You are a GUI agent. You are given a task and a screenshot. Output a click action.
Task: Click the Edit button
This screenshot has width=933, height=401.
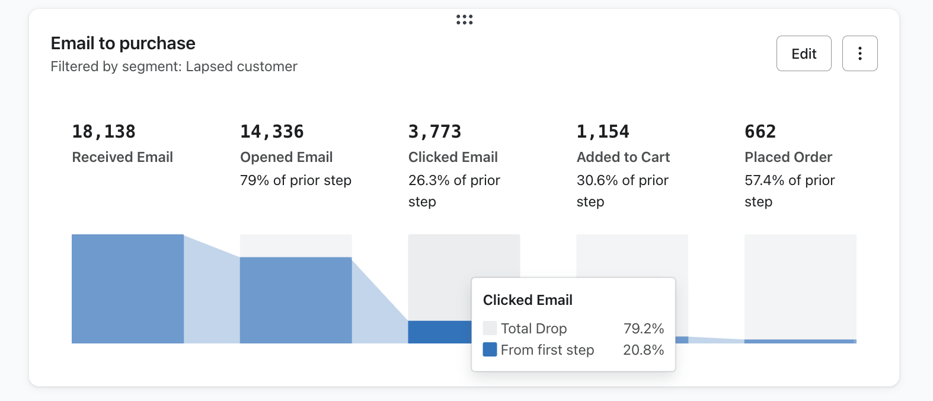[x=804, y=53]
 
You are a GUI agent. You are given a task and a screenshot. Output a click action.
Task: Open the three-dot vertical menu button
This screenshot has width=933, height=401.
[x=859, y=53]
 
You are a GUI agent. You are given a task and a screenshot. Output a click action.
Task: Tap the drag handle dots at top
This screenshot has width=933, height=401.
[x=464, y=20]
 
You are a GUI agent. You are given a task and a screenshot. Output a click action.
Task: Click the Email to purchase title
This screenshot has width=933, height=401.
[x=123, y=43]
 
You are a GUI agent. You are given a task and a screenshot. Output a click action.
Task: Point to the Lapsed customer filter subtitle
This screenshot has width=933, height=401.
[x=174, y=66]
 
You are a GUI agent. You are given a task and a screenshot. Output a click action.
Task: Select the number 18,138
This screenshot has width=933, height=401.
[x=104, y=131]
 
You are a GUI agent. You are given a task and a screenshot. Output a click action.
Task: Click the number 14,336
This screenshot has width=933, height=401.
[x=272, y=131]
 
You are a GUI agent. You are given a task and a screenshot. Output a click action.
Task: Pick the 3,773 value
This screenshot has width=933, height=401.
[x=434, y=131]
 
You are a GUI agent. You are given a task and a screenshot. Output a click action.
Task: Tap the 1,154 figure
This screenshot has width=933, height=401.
[x=603, y=131]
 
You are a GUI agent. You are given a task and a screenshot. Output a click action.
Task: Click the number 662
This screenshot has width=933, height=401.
[x=760, y=131]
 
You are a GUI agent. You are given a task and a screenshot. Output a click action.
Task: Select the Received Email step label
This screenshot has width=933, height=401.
[x=123, y=157]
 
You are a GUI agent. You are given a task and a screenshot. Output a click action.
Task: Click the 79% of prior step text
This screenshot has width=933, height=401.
[x=296, y=180]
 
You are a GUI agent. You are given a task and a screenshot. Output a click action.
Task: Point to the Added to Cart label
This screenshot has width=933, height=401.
[x=623, y=157]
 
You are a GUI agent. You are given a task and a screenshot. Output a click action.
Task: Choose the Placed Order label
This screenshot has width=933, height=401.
[x=788, y=157]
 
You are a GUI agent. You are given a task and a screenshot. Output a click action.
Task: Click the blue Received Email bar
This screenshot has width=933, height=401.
[x=127, y=289]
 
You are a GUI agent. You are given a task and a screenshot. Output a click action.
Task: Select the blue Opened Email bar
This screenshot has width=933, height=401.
[x=296, y=300]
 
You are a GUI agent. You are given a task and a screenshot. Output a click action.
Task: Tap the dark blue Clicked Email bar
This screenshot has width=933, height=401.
[x=439, y=332]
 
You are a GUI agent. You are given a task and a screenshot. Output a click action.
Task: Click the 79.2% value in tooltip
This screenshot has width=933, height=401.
[x=643, y=329]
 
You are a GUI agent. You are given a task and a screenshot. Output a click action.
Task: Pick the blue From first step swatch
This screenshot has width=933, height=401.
[x=490, y=349]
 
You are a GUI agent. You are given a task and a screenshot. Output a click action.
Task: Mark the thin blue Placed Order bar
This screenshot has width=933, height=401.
[x=800, y=341]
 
